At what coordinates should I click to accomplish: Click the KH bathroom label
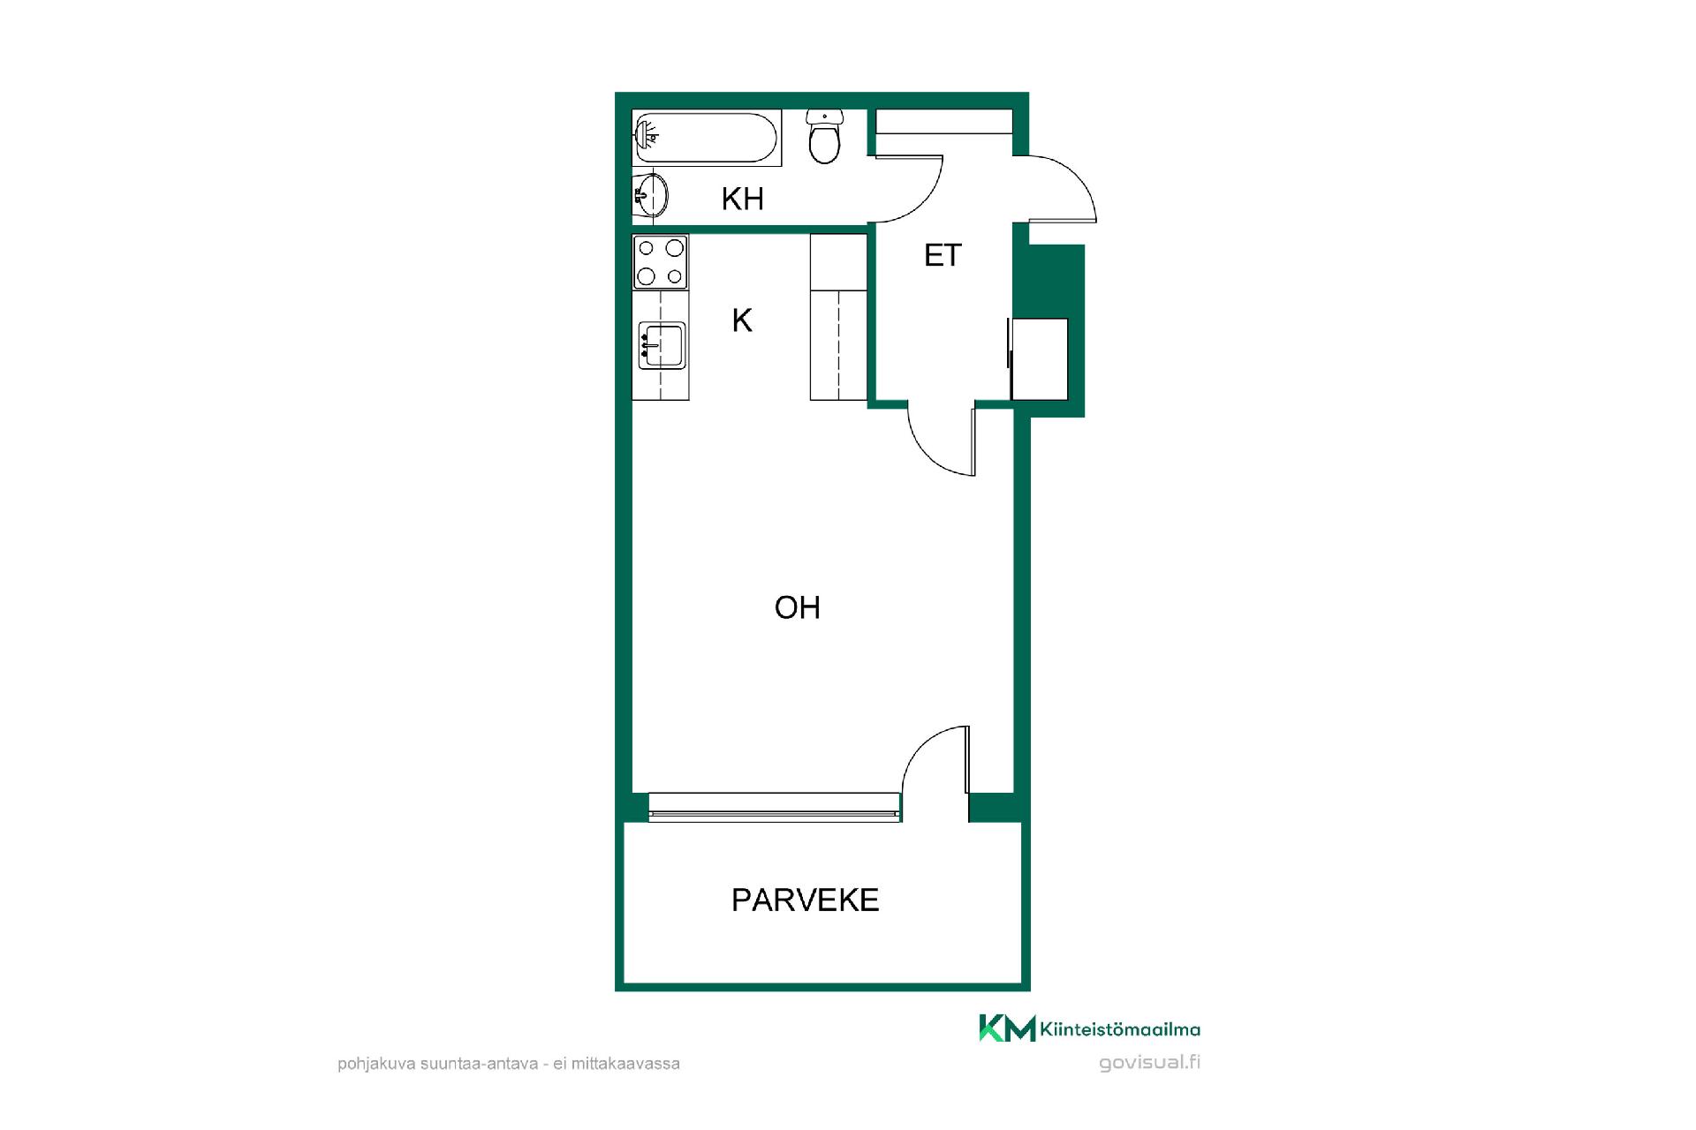coord(742,199)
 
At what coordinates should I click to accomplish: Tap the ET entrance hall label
coord(942,255)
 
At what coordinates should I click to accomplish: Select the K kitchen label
coord(742,320)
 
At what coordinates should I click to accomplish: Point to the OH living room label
coord(797,607)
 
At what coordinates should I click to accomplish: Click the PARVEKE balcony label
coord(805,900)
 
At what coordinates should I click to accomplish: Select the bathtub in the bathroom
coord(707,138)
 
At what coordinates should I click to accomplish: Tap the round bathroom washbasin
coord(651,194)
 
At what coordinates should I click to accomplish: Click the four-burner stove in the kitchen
coord(660,262)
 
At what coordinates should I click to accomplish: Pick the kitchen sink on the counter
coord(661,345)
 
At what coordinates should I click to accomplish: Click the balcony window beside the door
coord(775,807)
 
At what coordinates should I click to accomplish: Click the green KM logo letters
coord(1007,1028)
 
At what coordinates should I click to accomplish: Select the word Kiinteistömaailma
coord(1121,1029)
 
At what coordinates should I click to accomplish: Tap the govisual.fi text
coord(1149,1062)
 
